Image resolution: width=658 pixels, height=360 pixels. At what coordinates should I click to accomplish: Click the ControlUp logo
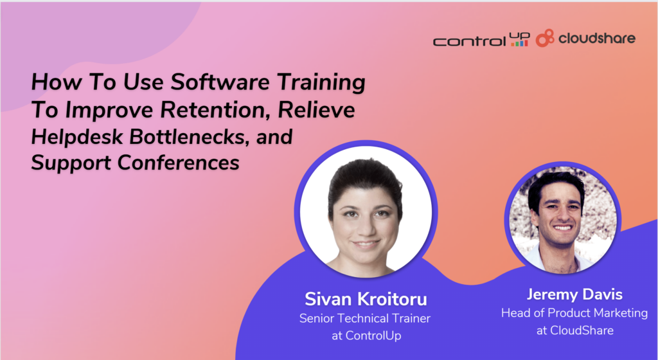481,39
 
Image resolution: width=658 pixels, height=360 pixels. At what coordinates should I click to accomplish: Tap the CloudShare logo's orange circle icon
545,38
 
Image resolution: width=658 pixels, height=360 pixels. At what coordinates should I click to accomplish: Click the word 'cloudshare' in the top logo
597,39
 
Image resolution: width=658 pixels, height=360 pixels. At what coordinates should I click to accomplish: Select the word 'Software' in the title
220,82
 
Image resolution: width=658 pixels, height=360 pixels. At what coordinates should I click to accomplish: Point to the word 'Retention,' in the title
216,109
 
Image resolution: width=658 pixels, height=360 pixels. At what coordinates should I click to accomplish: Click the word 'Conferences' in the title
179,163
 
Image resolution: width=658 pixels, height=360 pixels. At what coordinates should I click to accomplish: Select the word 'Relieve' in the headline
316,109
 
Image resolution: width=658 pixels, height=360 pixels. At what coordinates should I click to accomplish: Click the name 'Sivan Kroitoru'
366,299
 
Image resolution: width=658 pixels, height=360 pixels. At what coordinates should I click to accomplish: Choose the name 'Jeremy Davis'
574,294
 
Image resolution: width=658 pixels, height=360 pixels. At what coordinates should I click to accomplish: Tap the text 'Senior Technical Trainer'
365,318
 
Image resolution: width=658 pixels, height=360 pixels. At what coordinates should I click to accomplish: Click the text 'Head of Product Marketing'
574,313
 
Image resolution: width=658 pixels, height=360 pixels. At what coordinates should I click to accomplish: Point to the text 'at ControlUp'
366,336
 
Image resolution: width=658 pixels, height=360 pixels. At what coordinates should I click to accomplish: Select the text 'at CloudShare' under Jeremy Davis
575,330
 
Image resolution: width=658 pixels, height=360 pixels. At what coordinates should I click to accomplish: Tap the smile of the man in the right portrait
563,228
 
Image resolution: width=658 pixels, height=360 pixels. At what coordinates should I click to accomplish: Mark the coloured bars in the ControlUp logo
519,43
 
